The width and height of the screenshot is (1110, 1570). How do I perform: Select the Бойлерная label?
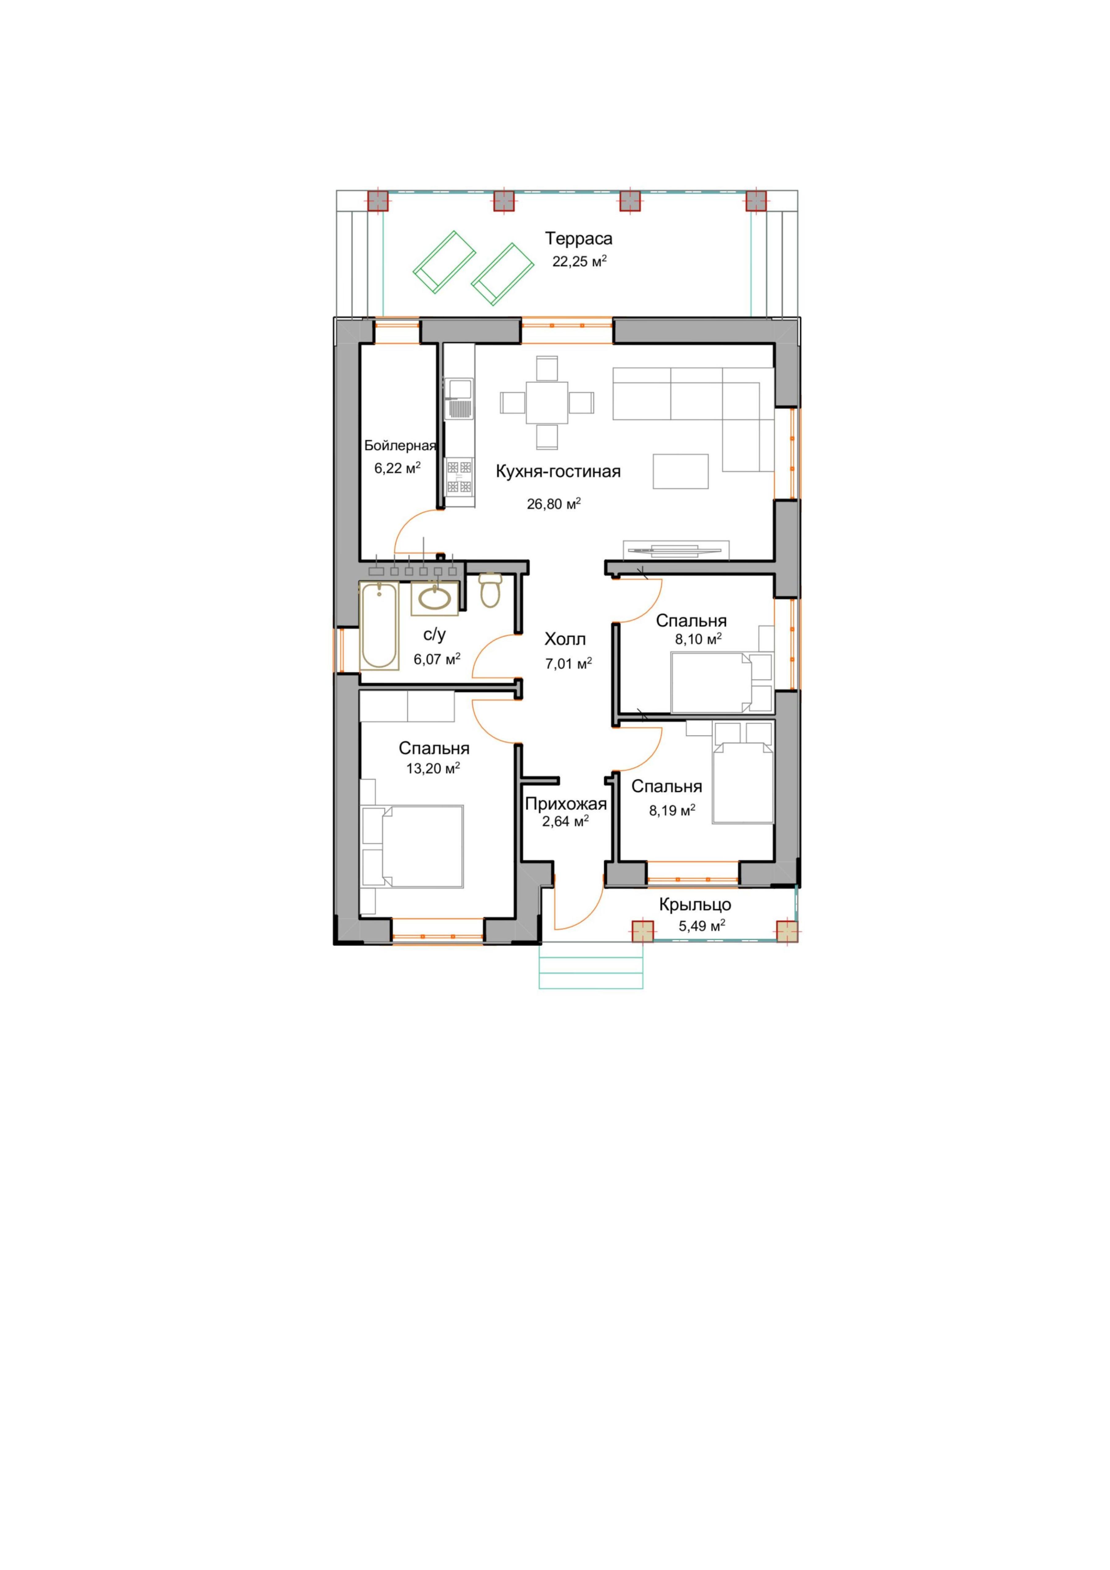point(400,446)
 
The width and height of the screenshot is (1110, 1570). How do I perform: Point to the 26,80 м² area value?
point(554,504)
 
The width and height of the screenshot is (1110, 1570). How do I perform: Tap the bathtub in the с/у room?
point(379,625)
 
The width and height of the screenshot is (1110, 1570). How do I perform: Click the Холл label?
point(565,639)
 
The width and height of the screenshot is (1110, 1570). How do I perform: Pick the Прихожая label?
point(566,804)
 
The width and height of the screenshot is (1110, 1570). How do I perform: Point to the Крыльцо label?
point(695,905)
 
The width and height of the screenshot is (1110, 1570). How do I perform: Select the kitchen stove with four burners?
point(459,477)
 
